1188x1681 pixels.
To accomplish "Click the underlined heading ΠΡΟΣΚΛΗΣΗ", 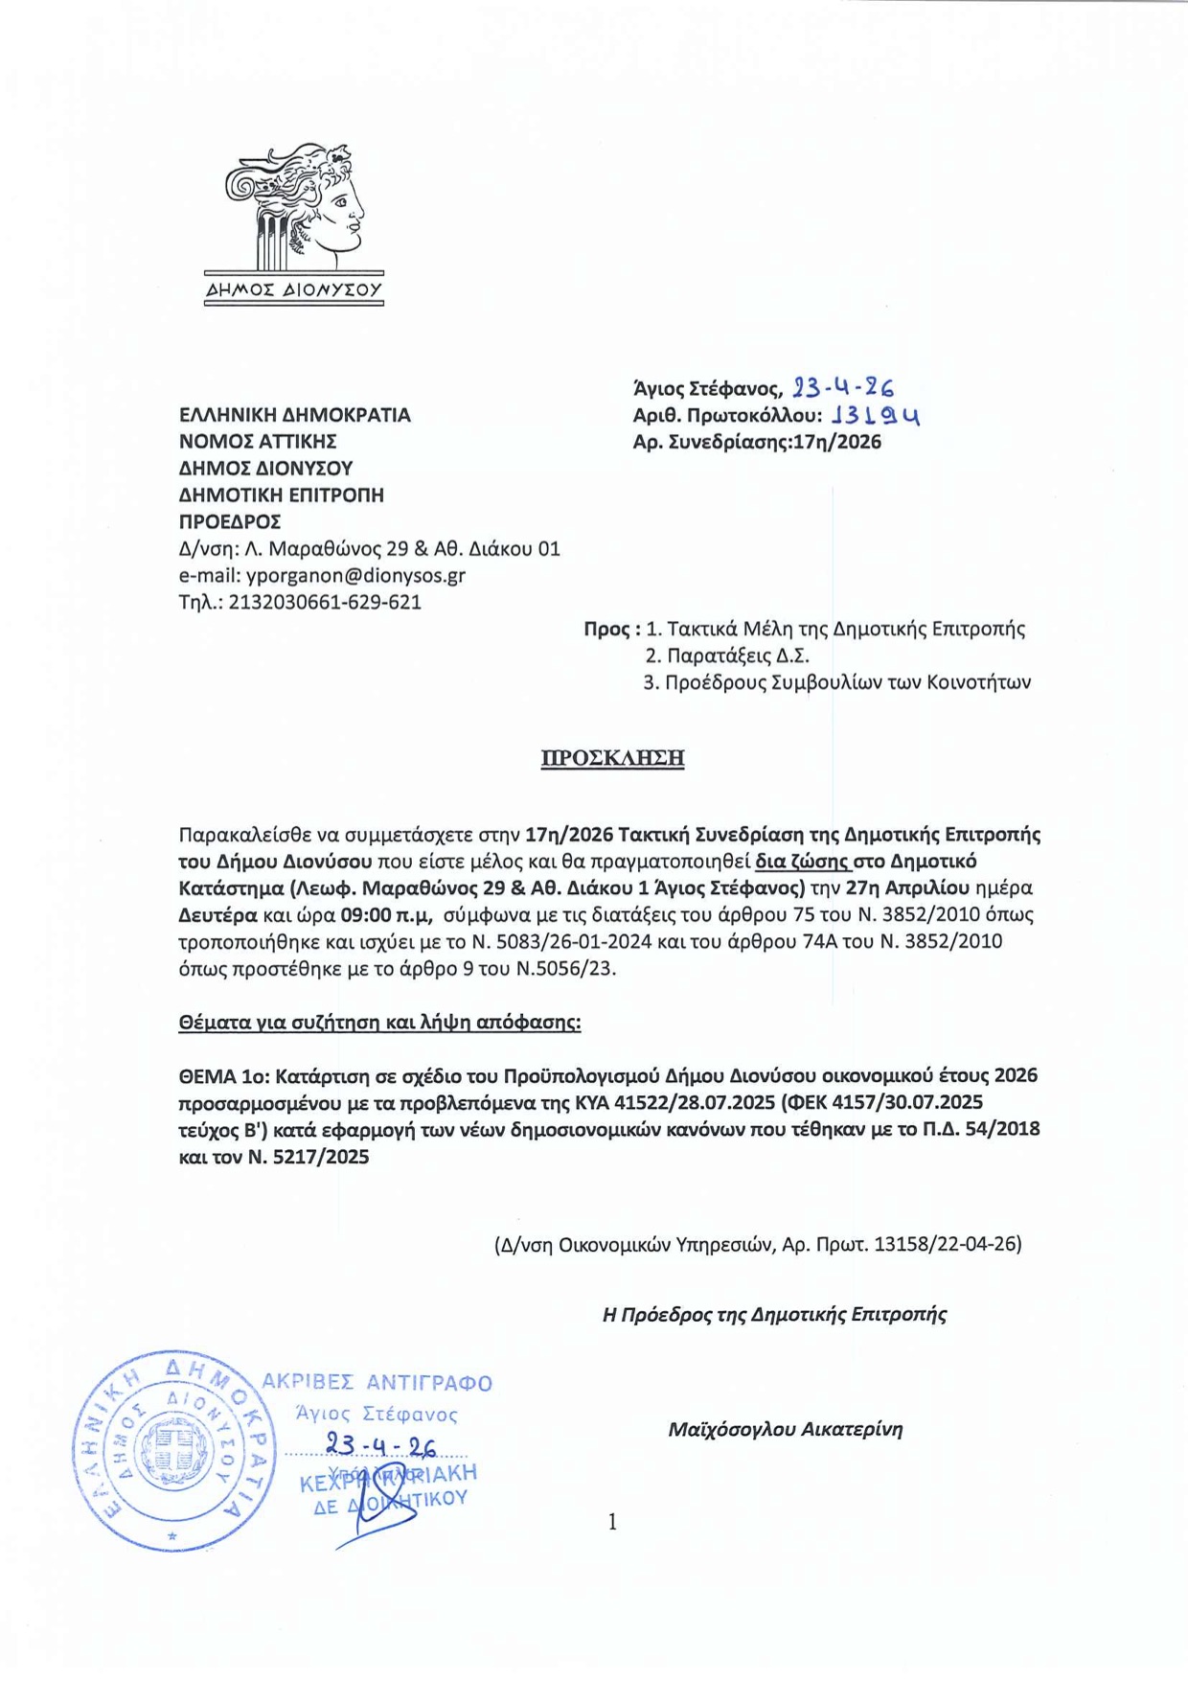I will pos(612,758).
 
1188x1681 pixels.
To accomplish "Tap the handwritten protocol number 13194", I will pos(876,416).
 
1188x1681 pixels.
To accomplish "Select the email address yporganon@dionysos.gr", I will pos(355,576).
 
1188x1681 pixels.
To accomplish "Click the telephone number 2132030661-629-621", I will pos(325,603).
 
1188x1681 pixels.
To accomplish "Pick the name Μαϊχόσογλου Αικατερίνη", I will pos(786,1429).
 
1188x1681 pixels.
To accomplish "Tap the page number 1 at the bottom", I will pos(612,1522).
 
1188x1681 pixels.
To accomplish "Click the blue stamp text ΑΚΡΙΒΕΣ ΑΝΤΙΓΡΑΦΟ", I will pos(377,1382).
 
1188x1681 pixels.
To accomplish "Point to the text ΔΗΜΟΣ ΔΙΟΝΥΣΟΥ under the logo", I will pos(294,289).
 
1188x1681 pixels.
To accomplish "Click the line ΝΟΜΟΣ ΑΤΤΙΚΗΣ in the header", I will pos(258,442).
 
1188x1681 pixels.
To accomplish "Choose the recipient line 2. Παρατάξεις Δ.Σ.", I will pos(727,656).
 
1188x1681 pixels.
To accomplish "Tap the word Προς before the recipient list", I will pos(606,630).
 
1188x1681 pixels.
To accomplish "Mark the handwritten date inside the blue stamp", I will pos(381,1445).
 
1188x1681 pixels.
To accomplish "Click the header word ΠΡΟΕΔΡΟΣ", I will pos(230,522).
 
